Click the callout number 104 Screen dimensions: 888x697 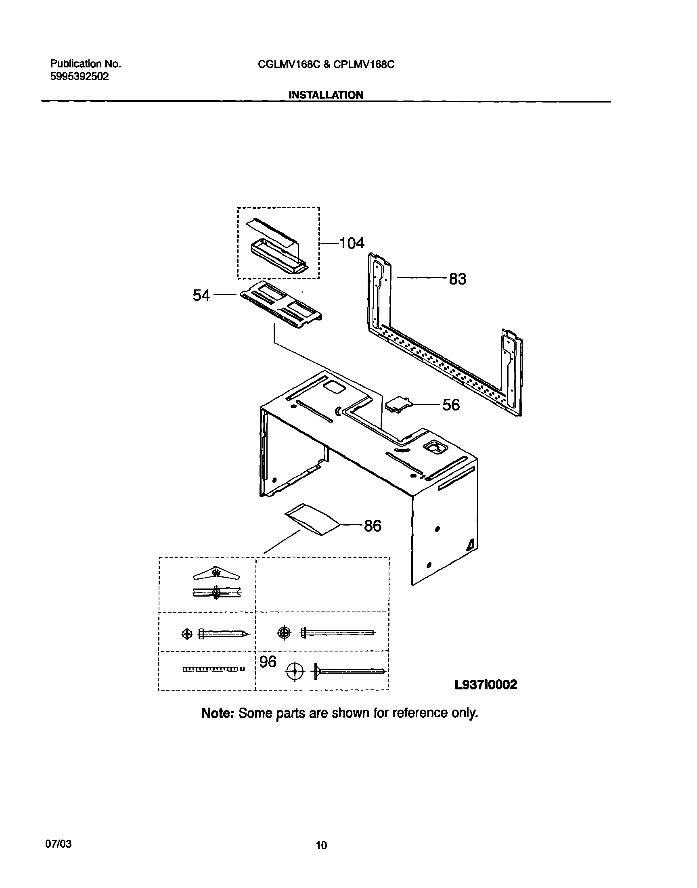tap(352, 243)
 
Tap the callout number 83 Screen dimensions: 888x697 tap(457, 279)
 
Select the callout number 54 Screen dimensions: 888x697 tap(201, 295)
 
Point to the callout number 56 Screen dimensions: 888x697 tap(451, 405)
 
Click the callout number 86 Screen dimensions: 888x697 tap(373, 526)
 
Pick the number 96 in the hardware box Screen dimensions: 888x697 tap(268, 662)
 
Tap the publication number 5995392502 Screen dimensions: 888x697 tap(80, 77)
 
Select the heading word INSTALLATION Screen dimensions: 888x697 tap(326, 95)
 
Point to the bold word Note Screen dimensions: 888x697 tap(217, 713)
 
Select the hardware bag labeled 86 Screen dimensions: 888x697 tap(313, 519)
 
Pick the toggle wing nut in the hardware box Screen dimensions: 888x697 tap(216, 574)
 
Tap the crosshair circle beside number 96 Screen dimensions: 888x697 tap(295, 671)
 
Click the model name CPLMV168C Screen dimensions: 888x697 tap(364, 65)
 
